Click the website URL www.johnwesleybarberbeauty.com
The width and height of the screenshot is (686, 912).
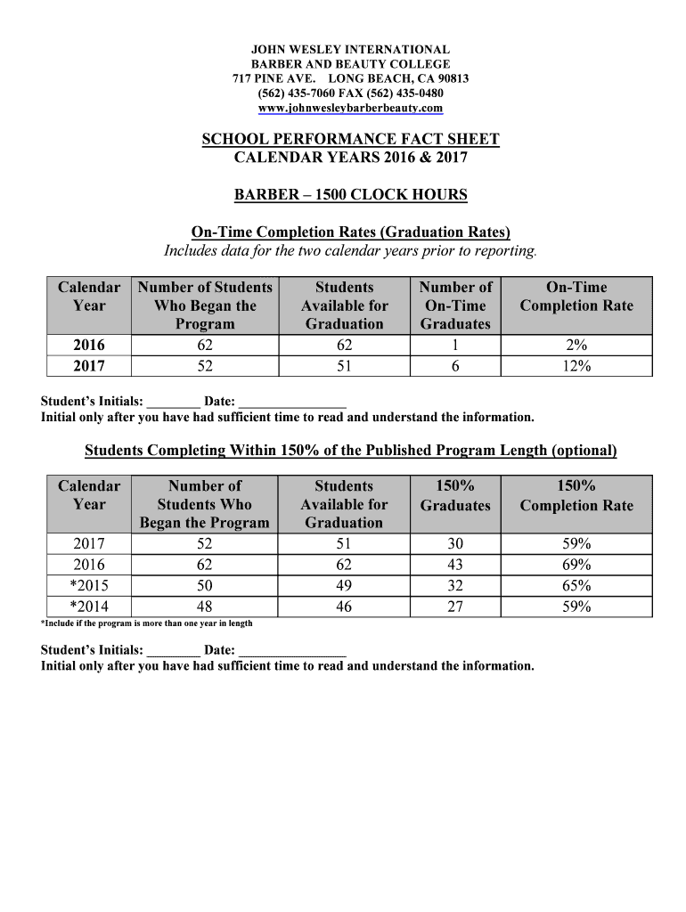pos(350,109)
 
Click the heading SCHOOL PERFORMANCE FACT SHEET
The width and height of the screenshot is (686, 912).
pos(350,139)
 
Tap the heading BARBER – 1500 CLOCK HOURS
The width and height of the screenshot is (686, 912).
pos(350,195)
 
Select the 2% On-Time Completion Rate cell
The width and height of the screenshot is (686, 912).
pos(576,346)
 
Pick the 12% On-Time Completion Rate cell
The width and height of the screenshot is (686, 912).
pos(576,366)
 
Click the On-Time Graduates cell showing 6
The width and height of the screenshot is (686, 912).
pos(455,366)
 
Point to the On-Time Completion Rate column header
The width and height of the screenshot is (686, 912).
pos(576,297)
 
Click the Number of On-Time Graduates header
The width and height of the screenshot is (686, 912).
pos(455,305)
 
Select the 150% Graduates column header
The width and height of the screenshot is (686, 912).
pos(455,496)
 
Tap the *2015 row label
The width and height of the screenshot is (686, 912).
pos(89,586)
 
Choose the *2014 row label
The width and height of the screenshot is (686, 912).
pos(89,607)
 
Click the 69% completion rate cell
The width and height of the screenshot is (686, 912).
pos(576,565)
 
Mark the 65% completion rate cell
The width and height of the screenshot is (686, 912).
pos(576,586)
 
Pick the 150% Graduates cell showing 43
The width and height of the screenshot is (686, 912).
pos(455,565)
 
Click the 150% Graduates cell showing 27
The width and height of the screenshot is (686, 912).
pos(455,607)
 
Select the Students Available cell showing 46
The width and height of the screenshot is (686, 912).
pos(344,607)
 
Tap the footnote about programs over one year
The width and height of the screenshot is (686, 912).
pos(147,623)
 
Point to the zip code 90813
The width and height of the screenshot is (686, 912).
pos(451,78)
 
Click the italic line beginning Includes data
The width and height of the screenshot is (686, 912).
pos(350,251)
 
